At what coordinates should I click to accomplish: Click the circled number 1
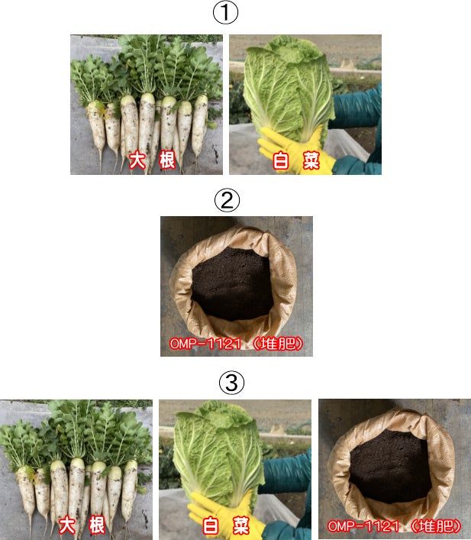pyautogui.click(x=225, y=12)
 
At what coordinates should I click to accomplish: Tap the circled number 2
pyautogui.click(x=227, y=200)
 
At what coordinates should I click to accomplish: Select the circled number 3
pyautogui.click(x=232, y=382)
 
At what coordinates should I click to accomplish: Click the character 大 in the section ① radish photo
pyautogui.click(x=137, y=160)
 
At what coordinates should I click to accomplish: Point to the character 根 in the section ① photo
pyautogui.click(x=167, y=160)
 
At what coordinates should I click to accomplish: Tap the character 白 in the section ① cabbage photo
pyautogui.click(x=281, y=160)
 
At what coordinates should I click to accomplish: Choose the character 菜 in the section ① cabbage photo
pyautogui.click(x=311, y=160)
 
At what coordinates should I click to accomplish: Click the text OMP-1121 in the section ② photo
pyautogui.click(x=205, y=344)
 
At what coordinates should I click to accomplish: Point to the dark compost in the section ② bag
pyautogui.click(x=232, y=284)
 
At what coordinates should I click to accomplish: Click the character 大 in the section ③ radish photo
pyautogui.click(x=67, y=525)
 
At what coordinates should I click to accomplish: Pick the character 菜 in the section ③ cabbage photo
pyautogui.click(x=241, y=525)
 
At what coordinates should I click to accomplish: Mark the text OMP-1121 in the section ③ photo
pyautogui.click(x=363, y=526)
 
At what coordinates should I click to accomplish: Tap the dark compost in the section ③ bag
pyautogui.click(x=390, y=467)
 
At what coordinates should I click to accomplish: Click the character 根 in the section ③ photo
pyautogui.click(x=97, y=525)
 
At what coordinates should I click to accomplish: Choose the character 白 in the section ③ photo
pyautogui.click(x=211, y=525)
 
